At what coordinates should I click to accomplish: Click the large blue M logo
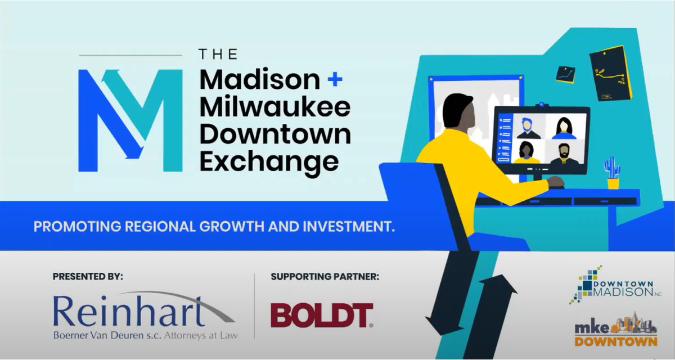pos(130,120)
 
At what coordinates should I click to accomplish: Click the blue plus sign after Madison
pos(334,80)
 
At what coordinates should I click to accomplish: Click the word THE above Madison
pos(218,55)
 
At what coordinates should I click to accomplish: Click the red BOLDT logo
pos(321,315)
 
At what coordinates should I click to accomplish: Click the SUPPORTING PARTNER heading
pos(325,277)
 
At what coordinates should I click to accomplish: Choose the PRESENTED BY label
pos(88,277)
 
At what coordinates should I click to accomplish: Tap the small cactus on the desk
pos(612,172)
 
